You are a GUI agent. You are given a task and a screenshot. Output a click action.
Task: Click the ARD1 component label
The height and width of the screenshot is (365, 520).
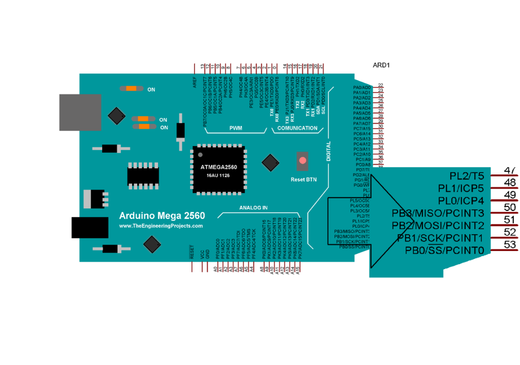(381, 65)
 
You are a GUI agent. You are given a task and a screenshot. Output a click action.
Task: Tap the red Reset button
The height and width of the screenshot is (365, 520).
(303, 161)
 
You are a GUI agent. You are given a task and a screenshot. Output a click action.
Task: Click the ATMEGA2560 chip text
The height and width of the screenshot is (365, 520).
(219, 167)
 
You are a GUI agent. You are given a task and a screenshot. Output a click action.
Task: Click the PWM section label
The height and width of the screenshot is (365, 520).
(236, 128)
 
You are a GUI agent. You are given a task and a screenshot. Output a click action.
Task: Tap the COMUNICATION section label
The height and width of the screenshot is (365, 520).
(298, 128)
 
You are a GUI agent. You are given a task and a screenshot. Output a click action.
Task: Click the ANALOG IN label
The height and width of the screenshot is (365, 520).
(253, 208)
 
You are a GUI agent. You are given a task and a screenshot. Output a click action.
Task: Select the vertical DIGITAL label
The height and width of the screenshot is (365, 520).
(329, 152)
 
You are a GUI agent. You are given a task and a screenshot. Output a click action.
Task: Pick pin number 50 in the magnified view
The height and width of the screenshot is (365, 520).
(509, 207)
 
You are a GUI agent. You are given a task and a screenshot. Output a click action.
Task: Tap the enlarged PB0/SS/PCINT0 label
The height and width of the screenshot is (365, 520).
(444, 250)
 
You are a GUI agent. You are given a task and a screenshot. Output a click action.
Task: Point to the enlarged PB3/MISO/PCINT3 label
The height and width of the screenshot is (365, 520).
(438, 212)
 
